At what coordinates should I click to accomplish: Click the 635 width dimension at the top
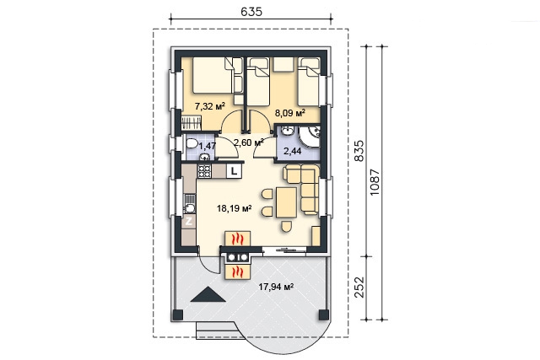coord(251,12)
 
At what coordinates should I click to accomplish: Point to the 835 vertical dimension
coord(359,150)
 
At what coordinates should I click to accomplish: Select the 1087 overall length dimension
coord(375,182)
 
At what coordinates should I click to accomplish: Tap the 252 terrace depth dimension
coord(359,287)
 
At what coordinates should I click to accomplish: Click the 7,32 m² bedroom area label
coord(210,106)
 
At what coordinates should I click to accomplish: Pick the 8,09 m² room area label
coord(290,112)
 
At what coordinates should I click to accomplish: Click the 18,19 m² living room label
coord(235,208)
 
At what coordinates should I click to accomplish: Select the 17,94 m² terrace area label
coord(276,287)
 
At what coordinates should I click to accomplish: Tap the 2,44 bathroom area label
coord(292,151)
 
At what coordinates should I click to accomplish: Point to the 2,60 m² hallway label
coord(249,142)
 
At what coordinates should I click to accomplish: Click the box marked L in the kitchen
coord(235,170)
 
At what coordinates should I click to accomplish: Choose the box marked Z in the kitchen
coord(189,221)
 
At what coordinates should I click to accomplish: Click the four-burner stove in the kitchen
coord(204,171)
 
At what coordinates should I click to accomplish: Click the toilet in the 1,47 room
coord(192,143)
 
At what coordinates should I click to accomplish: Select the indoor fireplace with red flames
coord(238,239)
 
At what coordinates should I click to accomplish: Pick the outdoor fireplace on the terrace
coord(238,271)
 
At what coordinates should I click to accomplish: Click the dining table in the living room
coord(286,202)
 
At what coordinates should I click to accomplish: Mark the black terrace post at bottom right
coord(324,314)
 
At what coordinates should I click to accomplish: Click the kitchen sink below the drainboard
coord(189,208)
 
